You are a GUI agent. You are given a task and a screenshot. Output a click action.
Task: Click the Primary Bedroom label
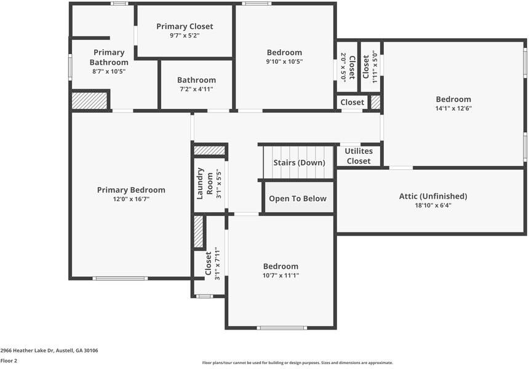pyautogui.click(x=131, y=190)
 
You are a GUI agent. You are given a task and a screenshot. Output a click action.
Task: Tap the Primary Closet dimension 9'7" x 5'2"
pyautogui.click(x=185, y=36)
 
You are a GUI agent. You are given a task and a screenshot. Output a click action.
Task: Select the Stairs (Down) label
pyautogui.click(x=298, y=163)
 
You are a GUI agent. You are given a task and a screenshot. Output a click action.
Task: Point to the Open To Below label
pyautogui.click(x=298, y=199)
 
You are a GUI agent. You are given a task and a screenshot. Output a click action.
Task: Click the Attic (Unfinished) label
pyautogui.click(x=433, y=196)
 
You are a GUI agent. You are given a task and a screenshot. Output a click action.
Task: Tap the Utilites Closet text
pyautogui.click(x=358, y=156)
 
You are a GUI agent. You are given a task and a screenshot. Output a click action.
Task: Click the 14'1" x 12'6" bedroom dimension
pyautogui.click(x=453, y=108)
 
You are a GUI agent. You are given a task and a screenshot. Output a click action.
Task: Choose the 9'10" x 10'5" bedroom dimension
pyautogui.click(x=284, y=61)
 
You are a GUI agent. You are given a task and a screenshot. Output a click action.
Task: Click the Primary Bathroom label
pyautogui.click(x=109, y=57)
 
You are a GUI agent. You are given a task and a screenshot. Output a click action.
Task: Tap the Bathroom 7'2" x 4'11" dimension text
pyautogui.click(x=196, y=89)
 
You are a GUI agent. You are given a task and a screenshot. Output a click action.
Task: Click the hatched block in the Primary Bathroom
pyautogui.click(x=90, y=100)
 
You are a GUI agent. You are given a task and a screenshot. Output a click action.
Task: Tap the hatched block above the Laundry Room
pyautogui.click(x=209, y=150)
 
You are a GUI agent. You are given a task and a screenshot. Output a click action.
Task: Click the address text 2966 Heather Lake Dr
pyautogui.click(x=49, y=351)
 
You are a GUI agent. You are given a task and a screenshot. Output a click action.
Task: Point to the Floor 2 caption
pyautogui.click(x=9, y=361)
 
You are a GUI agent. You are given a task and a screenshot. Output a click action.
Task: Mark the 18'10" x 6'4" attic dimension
pyautogui.click(x=433, y=205)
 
